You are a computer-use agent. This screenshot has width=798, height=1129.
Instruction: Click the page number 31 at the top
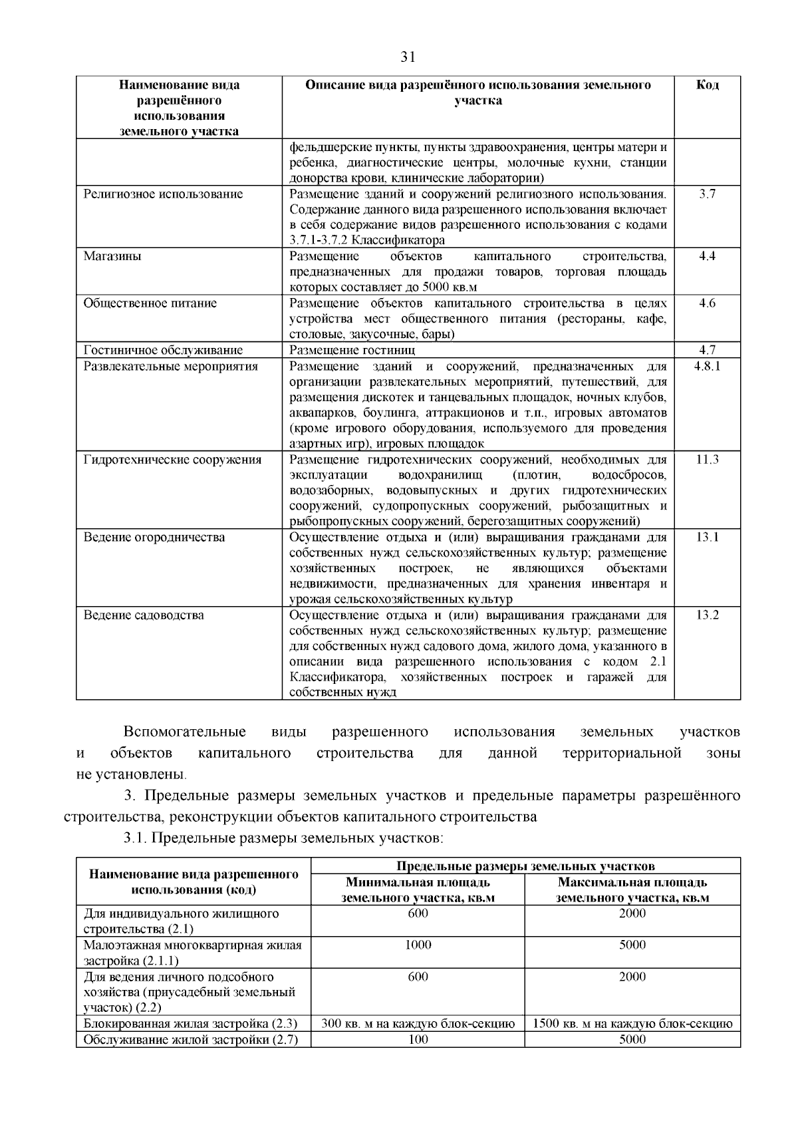click(x=408, y=57)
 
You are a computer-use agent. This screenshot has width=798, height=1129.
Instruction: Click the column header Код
click(x=707, y=85)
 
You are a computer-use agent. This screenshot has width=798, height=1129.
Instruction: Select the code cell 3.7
click(x=707, y=194)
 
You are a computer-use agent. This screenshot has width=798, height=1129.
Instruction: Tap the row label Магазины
click(x=112, y=257)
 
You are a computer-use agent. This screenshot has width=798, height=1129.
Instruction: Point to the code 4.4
click(x=707, y=257)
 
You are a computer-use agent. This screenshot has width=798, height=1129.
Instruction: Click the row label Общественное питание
click(x=150, y=303)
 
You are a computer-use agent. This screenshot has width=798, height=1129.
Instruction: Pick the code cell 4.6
click(x=707, y=303)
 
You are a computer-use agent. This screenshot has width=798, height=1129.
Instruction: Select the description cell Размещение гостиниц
click(x=352, y=351)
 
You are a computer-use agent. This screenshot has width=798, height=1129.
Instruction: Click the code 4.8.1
click(x=707, y=367)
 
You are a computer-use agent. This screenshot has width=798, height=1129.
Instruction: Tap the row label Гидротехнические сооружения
click(x=172, y=460)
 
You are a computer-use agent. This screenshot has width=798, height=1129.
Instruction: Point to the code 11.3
click(x=707, y=460)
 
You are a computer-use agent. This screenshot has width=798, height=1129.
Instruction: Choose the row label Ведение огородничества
click(x=154, y=538)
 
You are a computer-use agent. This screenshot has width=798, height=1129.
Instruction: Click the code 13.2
click(x=707, y=615)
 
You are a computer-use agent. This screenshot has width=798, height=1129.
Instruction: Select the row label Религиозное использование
click(x=163, y=194)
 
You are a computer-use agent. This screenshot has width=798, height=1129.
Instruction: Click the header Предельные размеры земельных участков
click(x=525, y=866)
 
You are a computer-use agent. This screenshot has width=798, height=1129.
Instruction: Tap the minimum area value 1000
click(x=418, y=945)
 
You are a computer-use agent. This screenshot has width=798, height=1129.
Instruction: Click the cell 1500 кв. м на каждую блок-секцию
click(x=632, y=1024)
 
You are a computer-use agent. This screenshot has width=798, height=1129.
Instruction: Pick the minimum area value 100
click(x=418, y=1040)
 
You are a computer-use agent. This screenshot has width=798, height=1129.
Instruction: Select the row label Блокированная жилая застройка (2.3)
click(x=190, y=1024)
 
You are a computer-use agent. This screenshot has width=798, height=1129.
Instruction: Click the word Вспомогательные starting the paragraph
click(x=184, y=732)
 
